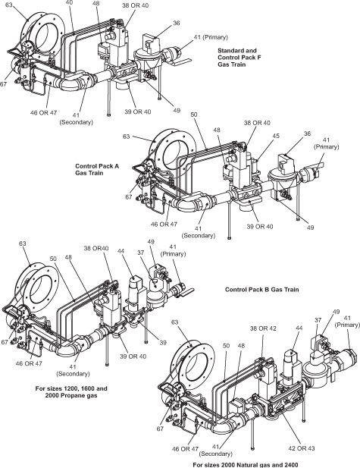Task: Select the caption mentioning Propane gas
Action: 61,392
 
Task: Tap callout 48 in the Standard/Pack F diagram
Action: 95,5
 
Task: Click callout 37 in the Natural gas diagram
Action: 316,321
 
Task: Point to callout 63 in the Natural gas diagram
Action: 177,322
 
